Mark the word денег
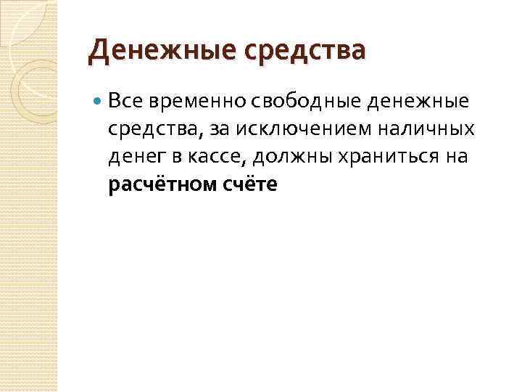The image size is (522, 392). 134,157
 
